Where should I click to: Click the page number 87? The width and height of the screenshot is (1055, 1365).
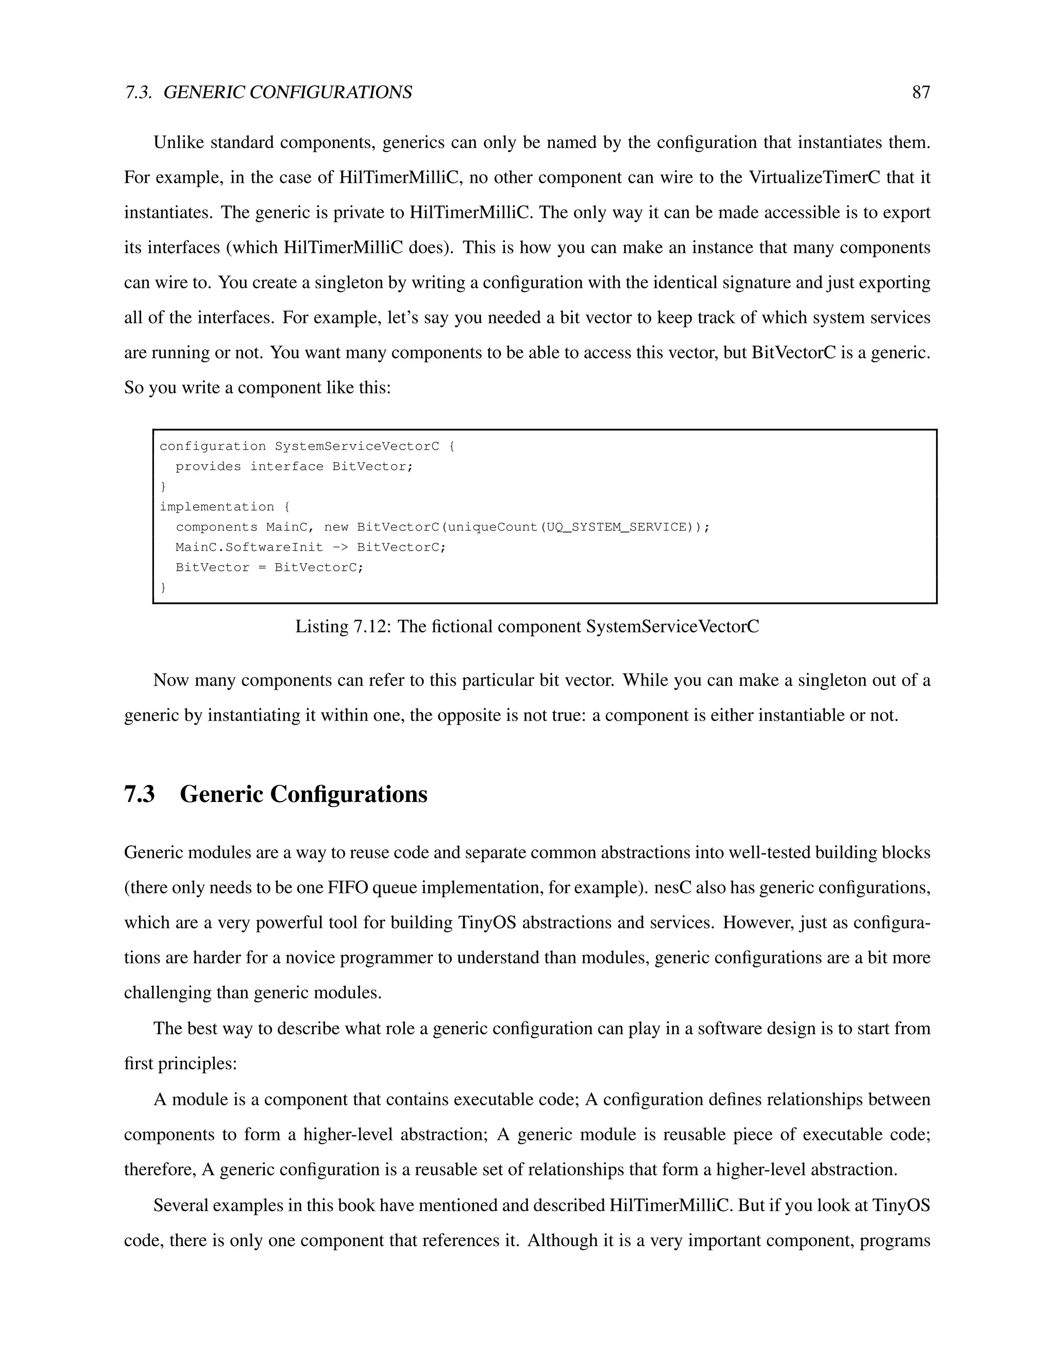click(x=921, y=93)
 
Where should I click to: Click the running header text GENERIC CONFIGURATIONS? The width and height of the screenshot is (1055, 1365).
click(x=287, y=93)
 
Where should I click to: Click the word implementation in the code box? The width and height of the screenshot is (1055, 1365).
click(x=217, y=507)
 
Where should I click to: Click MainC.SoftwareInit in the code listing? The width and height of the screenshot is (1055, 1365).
click(x=249, y=548)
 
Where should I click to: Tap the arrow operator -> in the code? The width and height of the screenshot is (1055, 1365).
click(x=340, y=548)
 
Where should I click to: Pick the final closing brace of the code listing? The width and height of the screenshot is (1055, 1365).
click(x=163, y=588)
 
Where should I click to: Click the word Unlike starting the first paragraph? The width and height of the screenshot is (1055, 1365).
click(x=179, y=143)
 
